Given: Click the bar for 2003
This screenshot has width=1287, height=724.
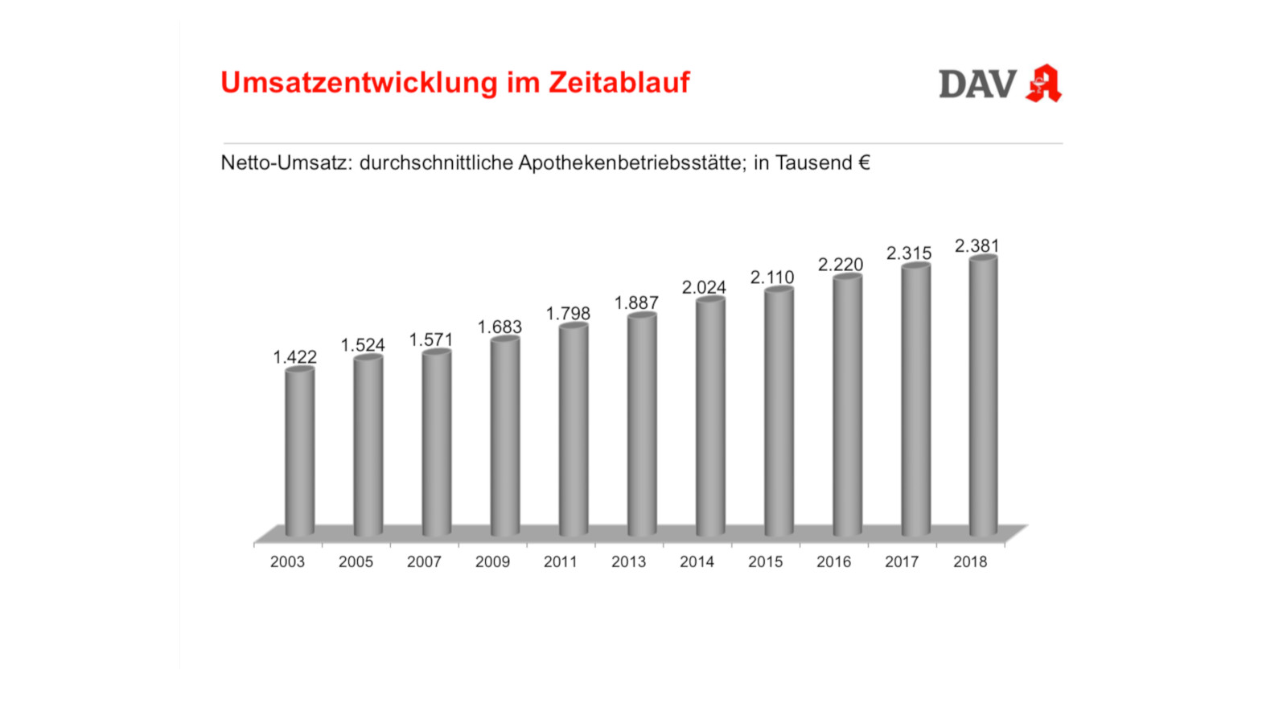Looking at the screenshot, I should click(x=299, y=452).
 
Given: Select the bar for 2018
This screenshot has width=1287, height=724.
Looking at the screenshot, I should click(x=983, y=396).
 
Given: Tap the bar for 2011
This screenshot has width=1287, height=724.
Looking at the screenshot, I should click(x=573, y=430).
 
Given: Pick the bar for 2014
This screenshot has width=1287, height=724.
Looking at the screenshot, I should click(x=710, y=417).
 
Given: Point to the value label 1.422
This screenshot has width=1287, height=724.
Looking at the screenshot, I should click(x=294, y=357).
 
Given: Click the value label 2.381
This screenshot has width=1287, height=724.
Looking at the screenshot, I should click(x=977, y=245).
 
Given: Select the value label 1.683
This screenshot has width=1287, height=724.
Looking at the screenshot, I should click(x=500, y=327).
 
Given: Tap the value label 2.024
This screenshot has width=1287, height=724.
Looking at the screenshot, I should click(x=704, y=287).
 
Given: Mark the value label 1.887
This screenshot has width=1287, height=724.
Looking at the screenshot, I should click(x=636, y=303).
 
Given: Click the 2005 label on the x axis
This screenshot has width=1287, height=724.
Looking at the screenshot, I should click(x=356, y=562).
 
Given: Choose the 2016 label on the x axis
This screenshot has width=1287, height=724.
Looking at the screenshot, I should click(x=833, y=562).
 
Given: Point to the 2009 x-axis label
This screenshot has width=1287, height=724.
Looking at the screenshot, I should click(x=492, y=562).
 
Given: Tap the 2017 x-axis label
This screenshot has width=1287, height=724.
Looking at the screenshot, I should click(x=902, y=562).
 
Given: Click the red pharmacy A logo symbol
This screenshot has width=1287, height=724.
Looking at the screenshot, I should click(x=1043, y=83).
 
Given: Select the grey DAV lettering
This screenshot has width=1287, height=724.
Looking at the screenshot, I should click(x=977, y=84).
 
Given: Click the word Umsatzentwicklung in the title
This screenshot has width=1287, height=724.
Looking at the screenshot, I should click(x=360, y=83).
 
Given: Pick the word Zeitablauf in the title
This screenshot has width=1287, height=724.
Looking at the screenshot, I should click(x=619, y=82).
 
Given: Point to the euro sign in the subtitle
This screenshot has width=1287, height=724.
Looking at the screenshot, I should click(x=864, y=162).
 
